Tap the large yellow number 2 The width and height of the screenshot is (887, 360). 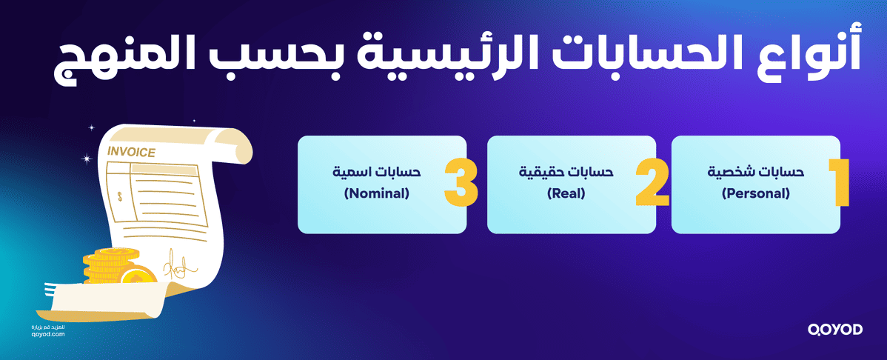click(x=653, y=182)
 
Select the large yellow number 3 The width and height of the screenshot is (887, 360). click(x=461, y=182)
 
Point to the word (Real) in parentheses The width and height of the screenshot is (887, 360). click(x=566, y=195)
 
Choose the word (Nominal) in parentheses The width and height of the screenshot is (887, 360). click(x=376, y=195)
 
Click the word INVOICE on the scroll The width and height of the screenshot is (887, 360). click(x=131, y=153)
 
